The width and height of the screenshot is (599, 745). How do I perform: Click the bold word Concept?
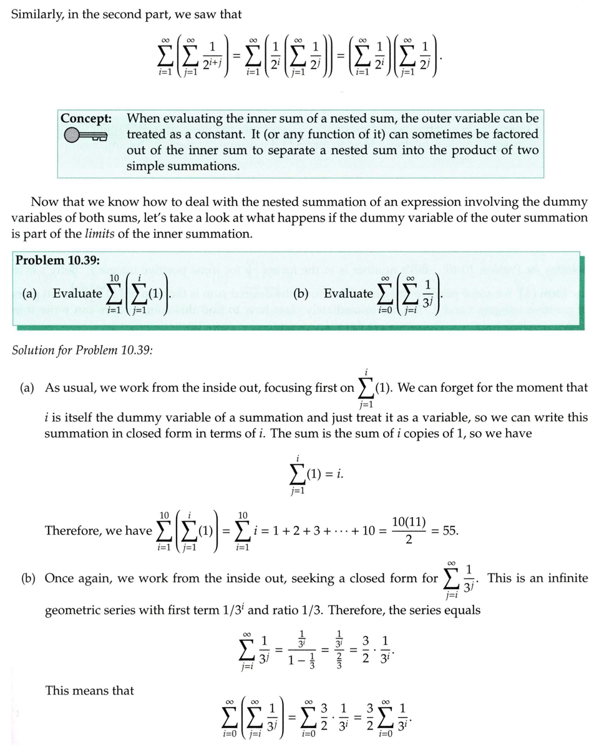coord(86,118)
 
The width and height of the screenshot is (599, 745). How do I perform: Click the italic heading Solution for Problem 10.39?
coord(82,349)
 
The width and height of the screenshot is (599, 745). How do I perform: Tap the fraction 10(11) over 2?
coord(409,530)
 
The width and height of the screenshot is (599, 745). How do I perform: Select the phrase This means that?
coord(89,690)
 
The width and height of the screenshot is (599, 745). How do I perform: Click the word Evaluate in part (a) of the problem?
coord(77,293)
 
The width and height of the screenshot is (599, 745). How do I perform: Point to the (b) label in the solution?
coord(28,578)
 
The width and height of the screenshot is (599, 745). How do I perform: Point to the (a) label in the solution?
coord(27,387)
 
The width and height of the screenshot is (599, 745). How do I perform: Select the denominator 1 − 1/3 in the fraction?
coord(303,660)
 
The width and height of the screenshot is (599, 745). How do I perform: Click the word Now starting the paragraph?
coord(44,202)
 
